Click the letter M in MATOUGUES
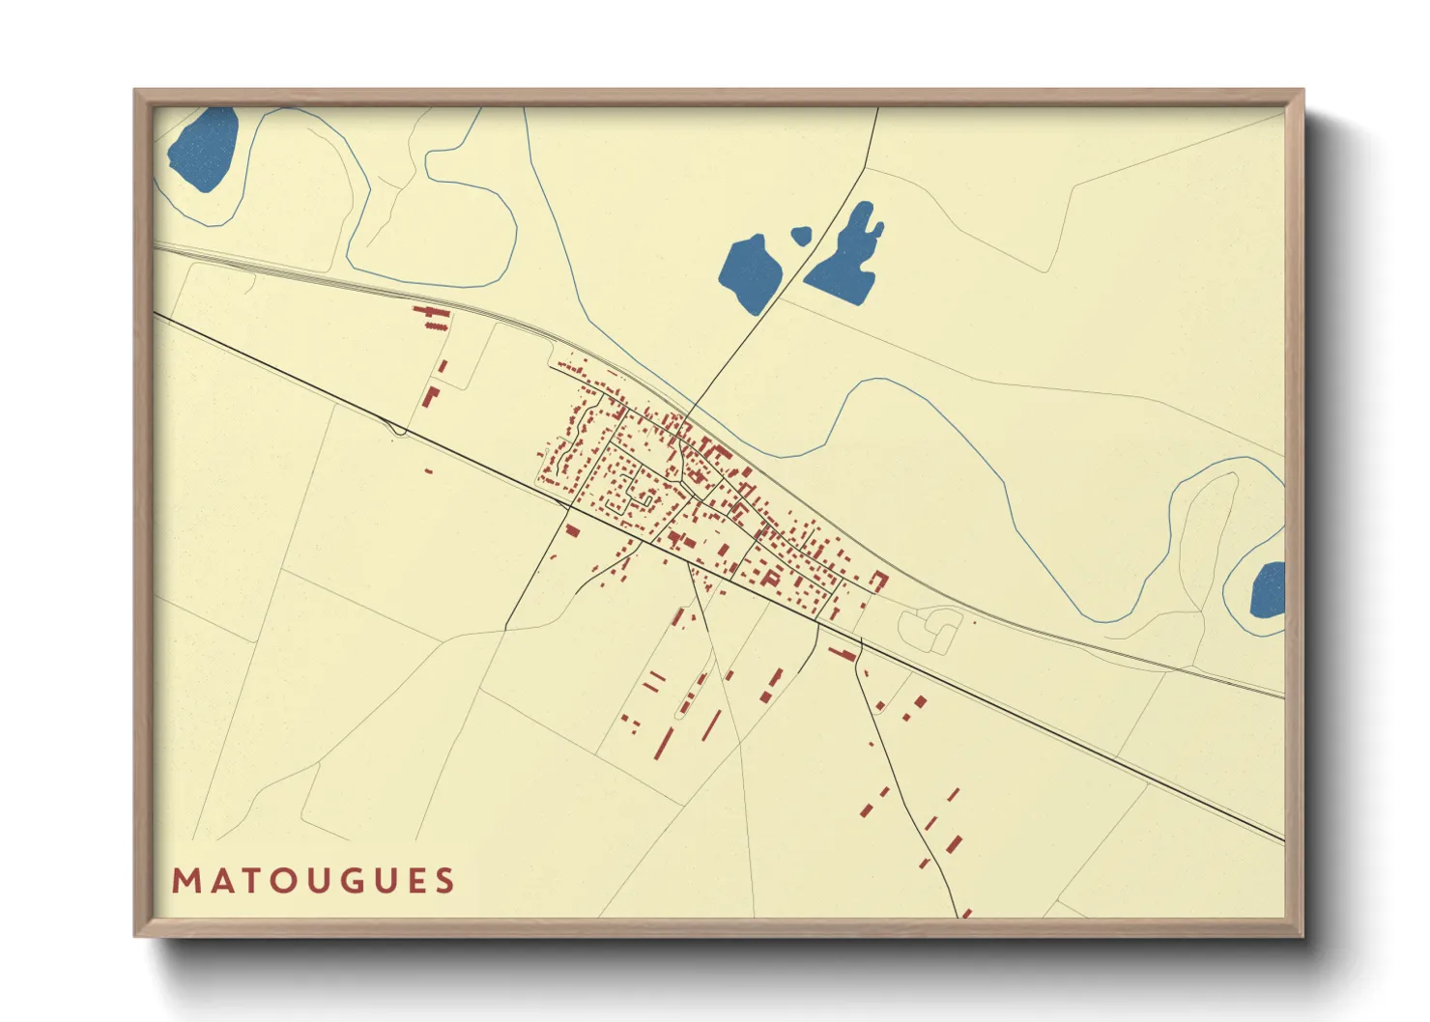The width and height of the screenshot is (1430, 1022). [185, 881]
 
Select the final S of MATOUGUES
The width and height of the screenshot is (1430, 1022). [444, 881]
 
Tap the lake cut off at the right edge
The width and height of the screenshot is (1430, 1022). [1269, 590]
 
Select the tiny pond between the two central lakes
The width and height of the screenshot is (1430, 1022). [800, 235]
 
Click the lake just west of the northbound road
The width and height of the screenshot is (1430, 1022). [750, 273]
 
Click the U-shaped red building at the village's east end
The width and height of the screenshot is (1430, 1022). [879, 580]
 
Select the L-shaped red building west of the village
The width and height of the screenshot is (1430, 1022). [431, 397]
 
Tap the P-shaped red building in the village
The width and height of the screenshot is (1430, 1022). [771, 578]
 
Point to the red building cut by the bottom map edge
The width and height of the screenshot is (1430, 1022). [965, 913]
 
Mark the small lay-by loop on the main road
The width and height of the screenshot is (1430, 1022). [396, 430]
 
